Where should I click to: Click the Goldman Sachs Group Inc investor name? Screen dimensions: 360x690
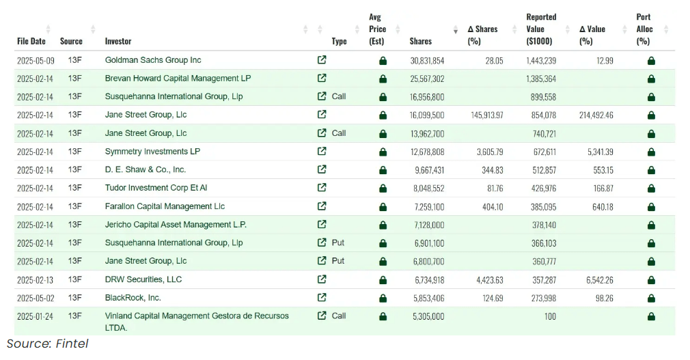pyautogui.click(x=153, y=60)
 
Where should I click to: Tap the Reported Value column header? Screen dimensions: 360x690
pyautogui.click(x=541, y=29)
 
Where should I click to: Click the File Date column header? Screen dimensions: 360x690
pyautogui.click(x=31, y=41)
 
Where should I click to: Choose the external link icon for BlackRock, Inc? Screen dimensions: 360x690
pyautogui.click(x=322, y=297)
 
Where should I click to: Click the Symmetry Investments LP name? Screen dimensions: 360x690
pyautogui.click(x=152, y=152)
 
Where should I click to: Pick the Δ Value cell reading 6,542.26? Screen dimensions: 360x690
pyautogui.click(x=595, y=279)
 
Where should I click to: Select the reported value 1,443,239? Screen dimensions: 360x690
pyautogui.click(x=541, y=60)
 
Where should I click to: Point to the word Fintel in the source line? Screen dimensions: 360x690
pyautogui.click(x=71, y=344)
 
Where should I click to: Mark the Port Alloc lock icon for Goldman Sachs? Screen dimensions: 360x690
pyautogui.click(x=651, y=60)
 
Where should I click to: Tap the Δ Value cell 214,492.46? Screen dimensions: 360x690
pyautogui.click(x=590, y=115)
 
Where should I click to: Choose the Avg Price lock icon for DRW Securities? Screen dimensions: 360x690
pyautogui.click(x=383, y=279)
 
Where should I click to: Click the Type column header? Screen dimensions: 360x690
pyautogui.click(x=339, y=41)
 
